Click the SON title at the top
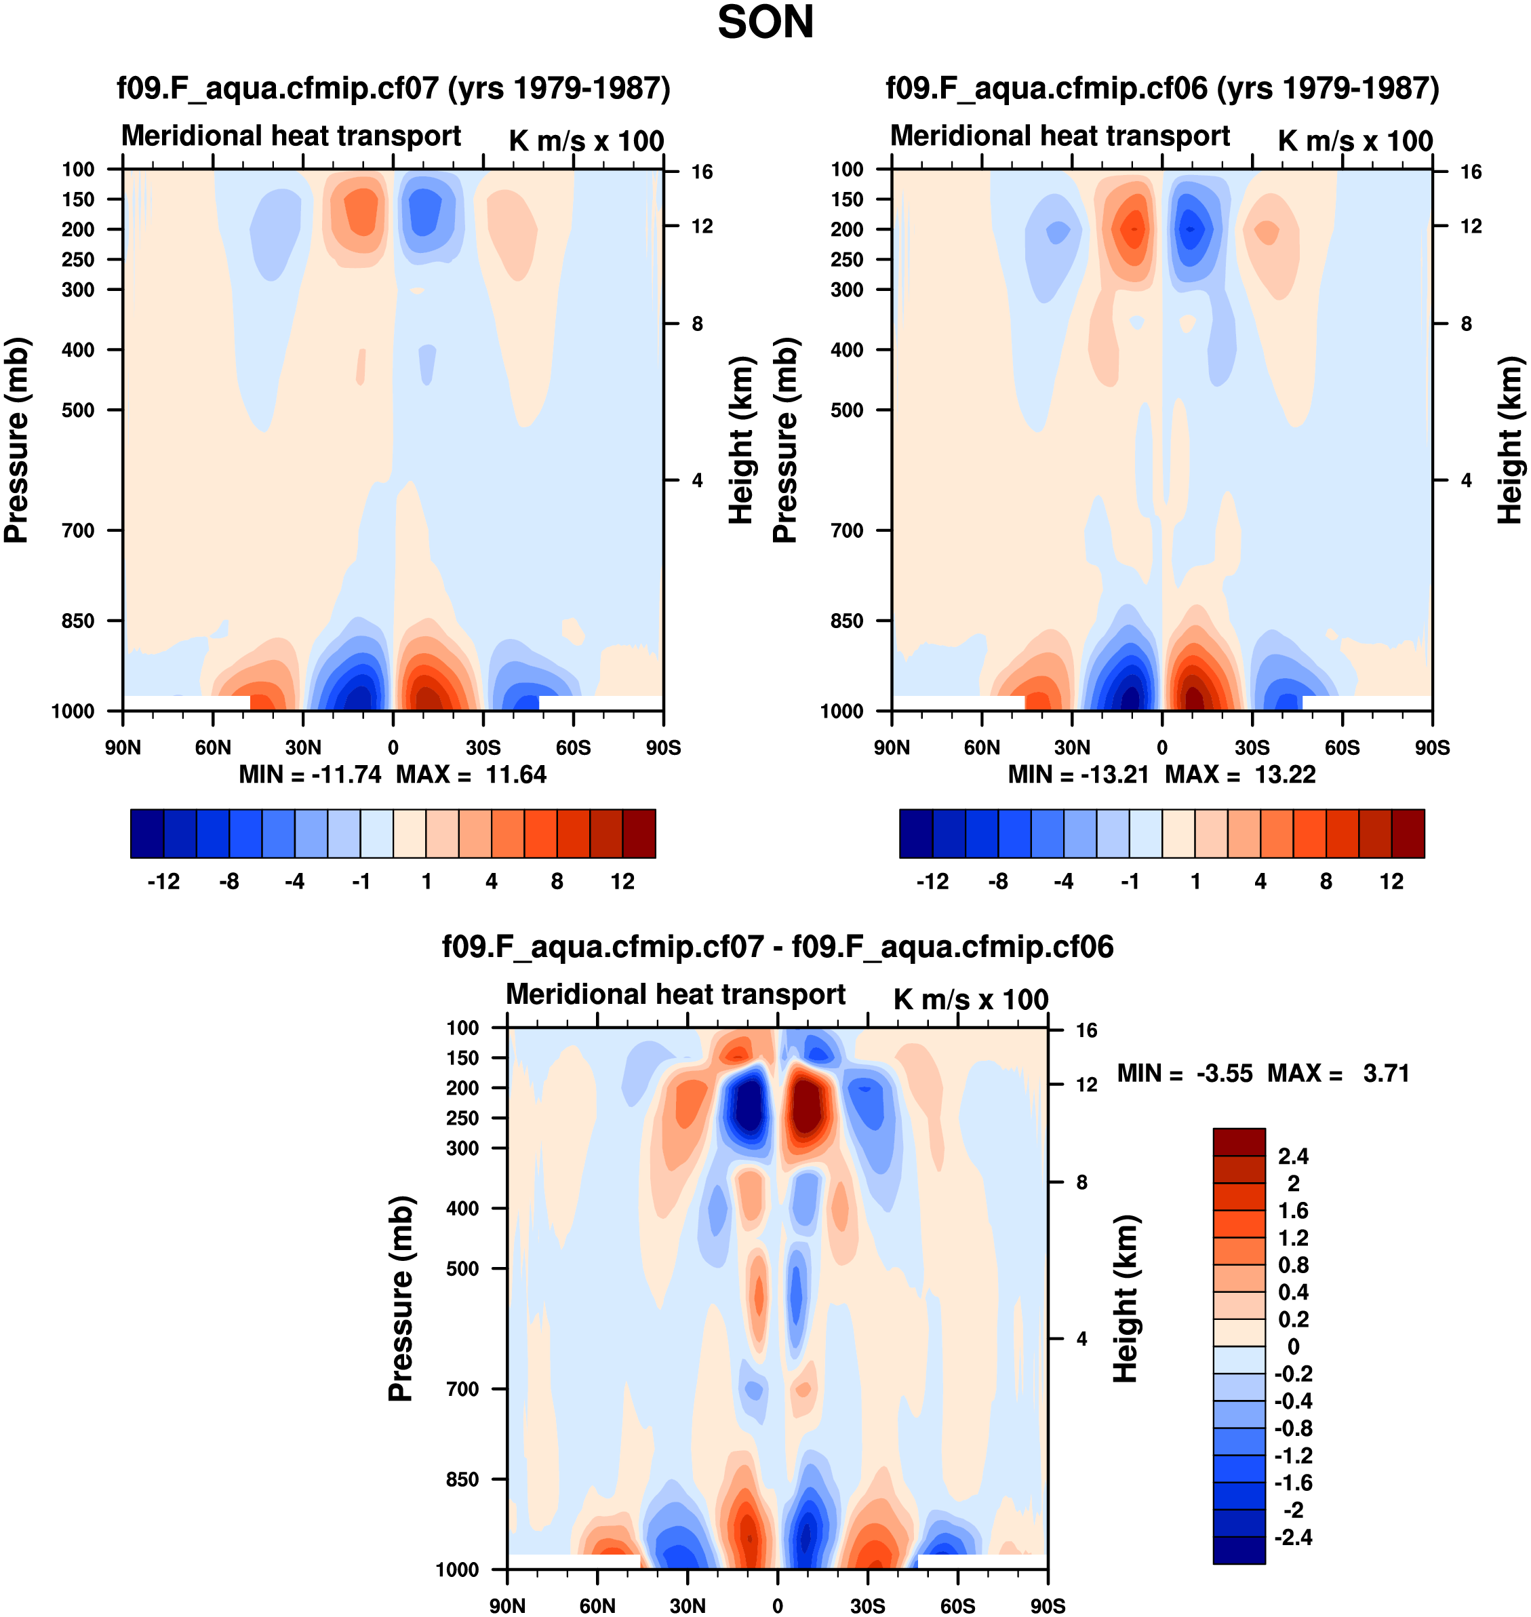click(765, 23)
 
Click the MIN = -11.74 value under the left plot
click(310, 775)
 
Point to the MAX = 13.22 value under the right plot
click(1241, 775)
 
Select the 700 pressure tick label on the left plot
click(79, 530)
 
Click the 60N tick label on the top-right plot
click(982, 747)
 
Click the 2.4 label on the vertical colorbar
click(1294, 1156)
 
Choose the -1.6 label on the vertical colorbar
click(1294, 1482)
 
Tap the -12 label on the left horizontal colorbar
click(163, 882)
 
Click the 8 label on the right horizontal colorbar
click(1326, 882)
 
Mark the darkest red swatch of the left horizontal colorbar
click(639, 834)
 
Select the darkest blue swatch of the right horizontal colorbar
click(915, 834)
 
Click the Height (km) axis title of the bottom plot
click(1126, 1298)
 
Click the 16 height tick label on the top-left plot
click(702, 172)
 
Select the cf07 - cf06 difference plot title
click(777, 947)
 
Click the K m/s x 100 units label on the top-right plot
click(1355, 141)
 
